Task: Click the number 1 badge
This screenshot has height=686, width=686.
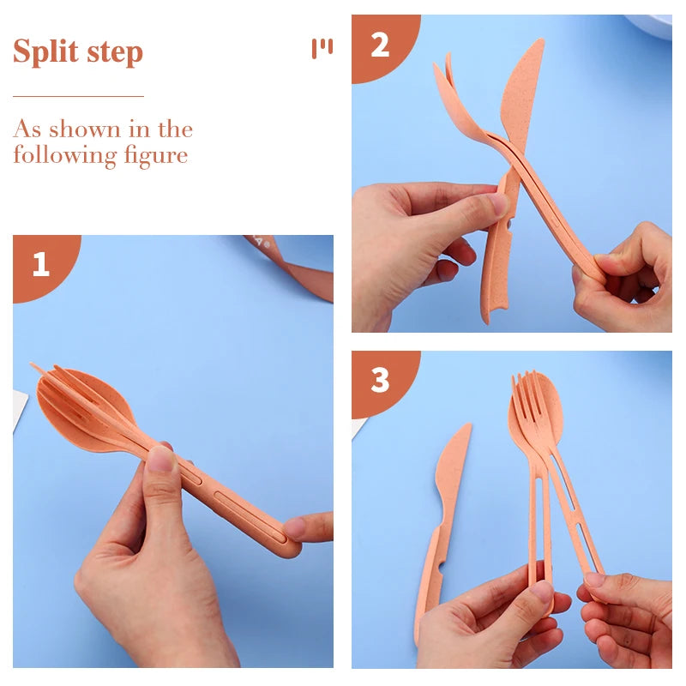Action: pos(40,263)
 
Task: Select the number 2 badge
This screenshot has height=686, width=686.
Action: pos(379,44)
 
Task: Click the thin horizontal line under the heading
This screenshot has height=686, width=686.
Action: pos(78,96)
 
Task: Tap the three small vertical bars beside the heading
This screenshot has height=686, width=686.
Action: pos(322,48)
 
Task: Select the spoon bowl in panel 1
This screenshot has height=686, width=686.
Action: pos(81,403)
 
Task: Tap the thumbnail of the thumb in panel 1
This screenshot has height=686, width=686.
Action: pos(160,460)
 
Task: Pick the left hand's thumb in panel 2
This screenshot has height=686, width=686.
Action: pos(472,206)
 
